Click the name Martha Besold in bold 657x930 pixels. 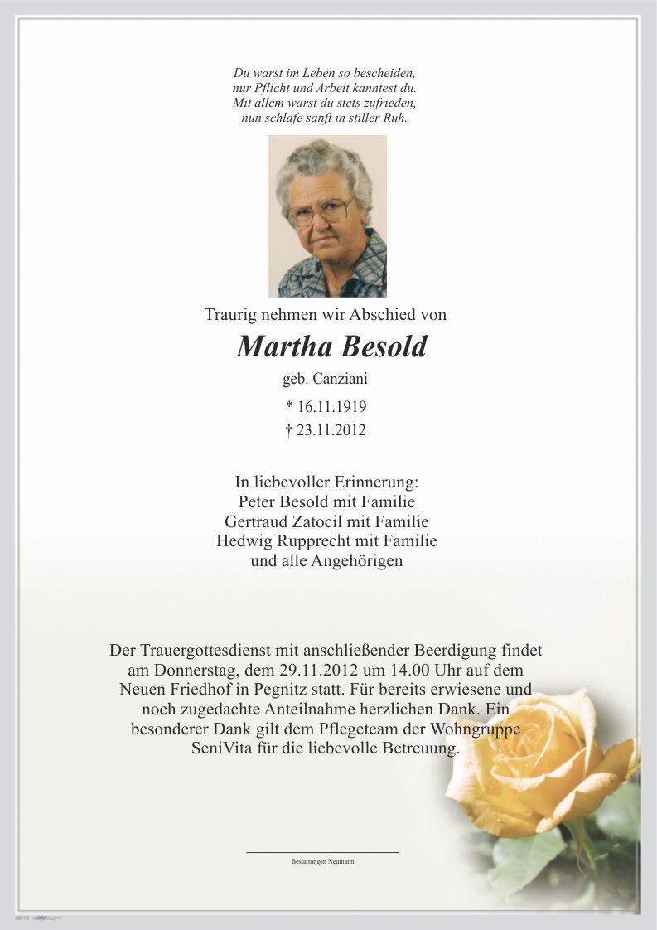[x=331, y=346]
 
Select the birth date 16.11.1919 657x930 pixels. [x=331, y=407]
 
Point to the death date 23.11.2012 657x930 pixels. [x=331, y=430]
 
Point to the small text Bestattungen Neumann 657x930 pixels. [x=322, y=862]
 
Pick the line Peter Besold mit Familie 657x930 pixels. [x=326, y=501]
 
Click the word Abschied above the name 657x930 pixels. [x=387, y=315]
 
